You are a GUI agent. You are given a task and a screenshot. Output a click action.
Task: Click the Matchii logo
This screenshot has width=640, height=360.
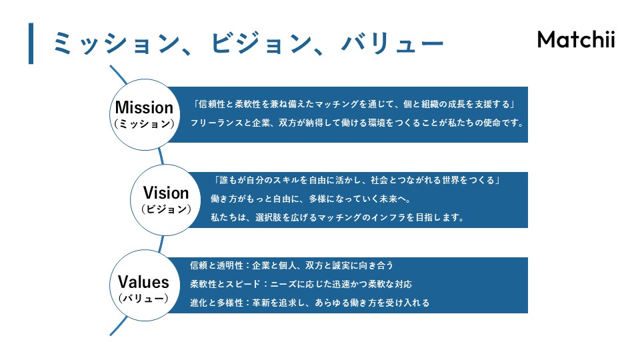[575, 39]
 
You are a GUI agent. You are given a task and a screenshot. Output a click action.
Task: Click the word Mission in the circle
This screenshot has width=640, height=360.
[144, 107]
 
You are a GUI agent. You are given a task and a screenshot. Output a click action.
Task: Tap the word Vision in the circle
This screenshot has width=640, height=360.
[166, 193]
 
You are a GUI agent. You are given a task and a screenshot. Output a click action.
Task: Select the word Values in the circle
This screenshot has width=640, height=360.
[143, 281]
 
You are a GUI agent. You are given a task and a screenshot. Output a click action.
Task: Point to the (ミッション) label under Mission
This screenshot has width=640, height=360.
[144, 124]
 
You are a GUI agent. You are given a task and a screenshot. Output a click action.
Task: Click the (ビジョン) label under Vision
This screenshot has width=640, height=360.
[166, 209]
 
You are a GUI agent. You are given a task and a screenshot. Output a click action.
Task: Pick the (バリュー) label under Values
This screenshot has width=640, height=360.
[143, 298]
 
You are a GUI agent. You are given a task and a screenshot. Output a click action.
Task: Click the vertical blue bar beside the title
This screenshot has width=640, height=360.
[31, 43]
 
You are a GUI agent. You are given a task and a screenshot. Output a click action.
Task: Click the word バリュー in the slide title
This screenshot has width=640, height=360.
[393, 44]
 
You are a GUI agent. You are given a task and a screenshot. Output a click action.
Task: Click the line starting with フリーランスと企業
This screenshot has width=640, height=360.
[357, 123]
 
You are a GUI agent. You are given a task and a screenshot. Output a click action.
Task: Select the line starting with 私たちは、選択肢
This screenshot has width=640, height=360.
[337, 217]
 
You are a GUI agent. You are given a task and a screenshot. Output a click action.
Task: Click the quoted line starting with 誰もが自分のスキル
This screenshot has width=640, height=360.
[357, 181]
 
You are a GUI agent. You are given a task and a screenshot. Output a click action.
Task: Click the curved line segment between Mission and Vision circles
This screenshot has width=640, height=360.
[161, 155]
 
